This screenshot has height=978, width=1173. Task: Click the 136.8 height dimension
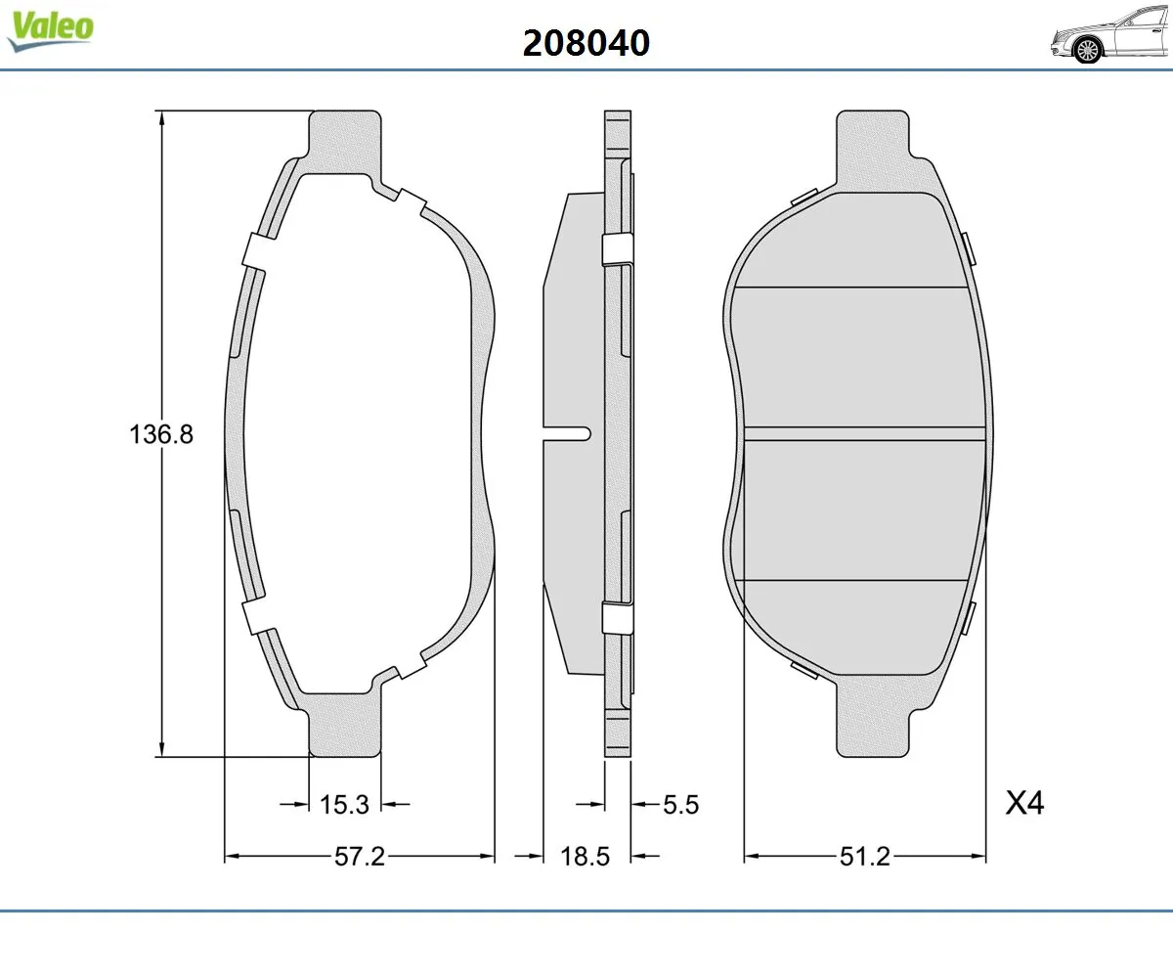162,433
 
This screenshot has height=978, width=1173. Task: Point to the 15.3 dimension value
344,804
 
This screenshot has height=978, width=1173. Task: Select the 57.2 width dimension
360,857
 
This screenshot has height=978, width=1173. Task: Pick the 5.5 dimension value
681,804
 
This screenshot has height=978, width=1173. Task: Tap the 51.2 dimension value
865,857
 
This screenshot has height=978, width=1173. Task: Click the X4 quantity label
1025,804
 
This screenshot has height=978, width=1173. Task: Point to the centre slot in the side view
567,433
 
